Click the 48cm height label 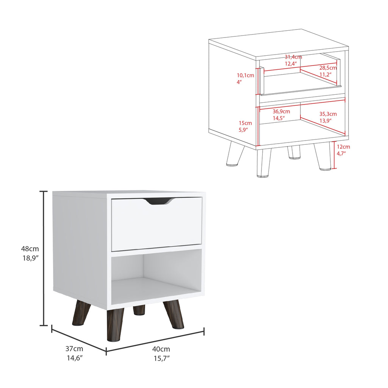click(x=30, y=249)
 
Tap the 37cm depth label click(x=74, y=349)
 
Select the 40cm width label click(x=161, y=349)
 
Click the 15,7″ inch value click(x=161, y=358)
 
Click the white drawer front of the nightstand click(x=157, y=224)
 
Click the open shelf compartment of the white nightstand click(x=157, y=277)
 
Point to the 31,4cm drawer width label click(x=293, y=57)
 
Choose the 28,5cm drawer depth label click(x=328, y=67)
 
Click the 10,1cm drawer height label click(x=246, y=75)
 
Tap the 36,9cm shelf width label click(x=282, y=111)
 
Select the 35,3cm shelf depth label click(x=328, y=114)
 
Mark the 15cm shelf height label click(x=245, y=123)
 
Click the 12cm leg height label click(x=343, y=147)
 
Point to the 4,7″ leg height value click(x=341, y=153)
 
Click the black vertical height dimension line click(x=44, y=258)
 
